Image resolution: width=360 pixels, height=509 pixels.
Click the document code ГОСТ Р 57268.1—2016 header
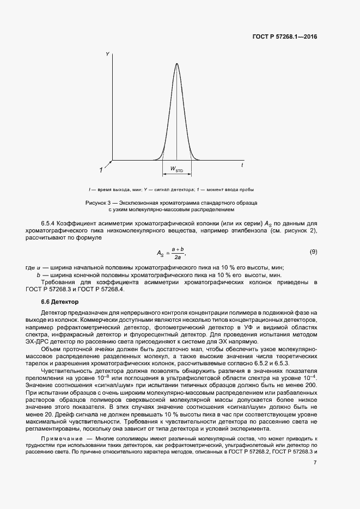point(284,37)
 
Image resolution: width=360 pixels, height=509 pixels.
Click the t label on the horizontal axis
point(242,164)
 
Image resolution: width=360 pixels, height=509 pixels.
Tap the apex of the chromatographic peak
point(176,63)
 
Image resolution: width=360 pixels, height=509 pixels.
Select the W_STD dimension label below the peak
point(176,169)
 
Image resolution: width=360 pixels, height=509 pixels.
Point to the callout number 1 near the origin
point(101,169)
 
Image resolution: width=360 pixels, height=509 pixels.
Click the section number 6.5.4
point(50,224)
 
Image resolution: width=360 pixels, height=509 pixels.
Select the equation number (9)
point(313,252)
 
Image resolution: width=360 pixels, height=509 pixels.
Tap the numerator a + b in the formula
point(178,248)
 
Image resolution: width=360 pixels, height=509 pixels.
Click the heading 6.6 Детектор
point(60,302)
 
